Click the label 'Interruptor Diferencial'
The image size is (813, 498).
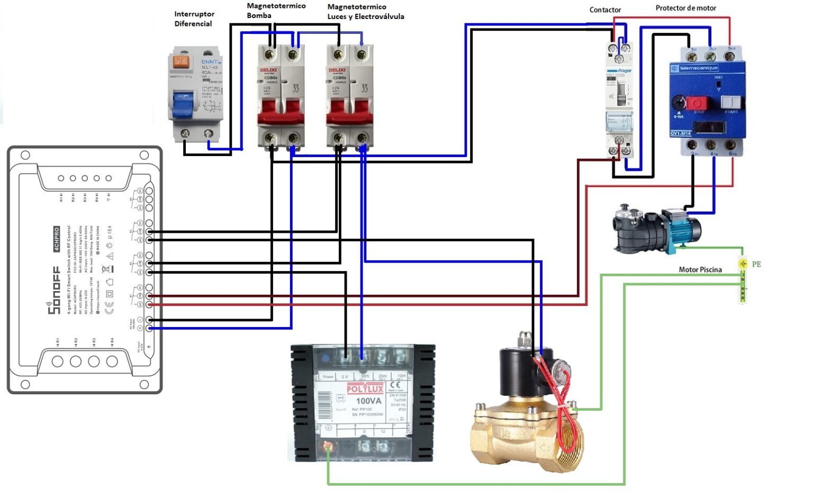(194, 19)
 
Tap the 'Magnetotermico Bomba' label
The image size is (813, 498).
(275, 11)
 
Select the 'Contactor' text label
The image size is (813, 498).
(605, 10)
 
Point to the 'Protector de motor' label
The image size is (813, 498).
(685, 8)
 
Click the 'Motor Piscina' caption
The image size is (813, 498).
(700, 269)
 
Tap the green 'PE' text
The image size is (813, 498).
(756, 264)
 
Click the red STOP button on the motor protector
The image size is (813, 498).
(696, 103)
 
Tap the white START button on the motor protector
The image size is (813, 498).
(730, 102)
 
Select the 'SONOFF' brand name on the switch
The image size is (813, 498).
(54, 291)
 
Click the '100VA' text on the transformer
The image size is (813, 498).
(368, 401)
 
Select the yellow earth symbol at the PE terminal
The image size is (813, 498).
(743, 264)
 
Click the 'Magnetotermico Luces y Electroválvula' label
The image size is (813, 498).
(365, 12)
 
